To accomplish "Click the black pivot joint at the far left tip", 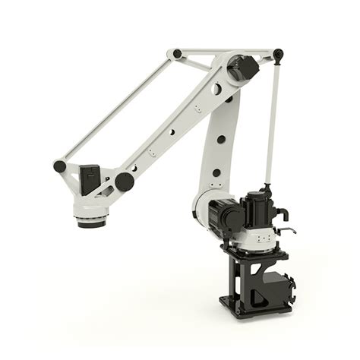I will click(x=59, y=166).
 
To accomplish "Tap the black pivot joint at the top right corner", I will click(x=278, y=55).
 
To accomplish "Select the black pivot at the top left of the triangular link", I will click(x=177, y=54).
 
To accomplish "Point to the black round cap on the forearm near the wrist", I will click(x=123, y=181).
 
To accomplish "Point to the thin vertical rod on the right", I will click(x=272, y=122).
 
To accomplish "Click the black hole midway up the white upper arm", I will click(x=219, y=138).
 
